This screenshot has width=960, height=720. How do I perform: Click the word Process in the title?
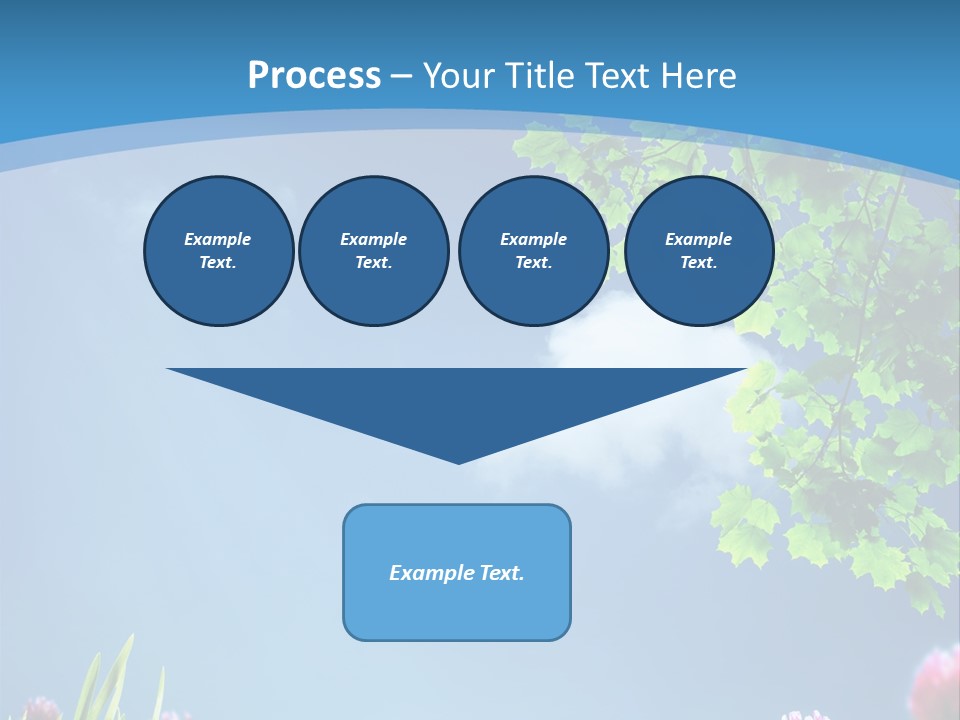coord(314,75)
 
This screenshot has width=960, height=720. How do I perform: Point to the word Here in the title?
coord(700,75)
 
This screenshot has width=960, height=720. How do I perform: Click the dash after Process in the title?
coord(401,77)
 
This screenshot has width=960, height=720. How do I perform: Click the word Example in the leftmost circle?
coord(218,239)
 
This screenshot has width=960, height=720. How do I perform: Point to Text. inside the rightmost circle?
coord(698,262)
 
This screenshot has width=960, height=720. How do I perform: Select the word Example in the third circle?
coord(533,239)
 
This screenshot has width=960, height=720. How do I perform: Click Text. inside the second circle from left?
coord(373,262)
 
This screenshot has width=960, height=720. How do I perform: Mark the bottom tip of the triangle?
coord(458,461)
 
